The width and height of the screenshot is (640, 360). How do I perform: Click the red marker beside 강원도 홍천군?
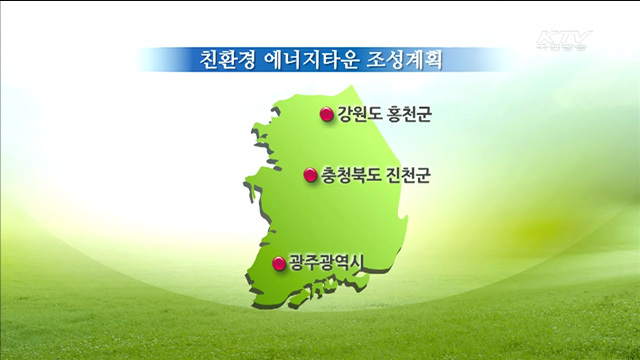click(326, 115)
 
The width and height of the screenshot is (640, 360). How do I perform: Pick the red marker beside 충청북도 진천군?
click(311, 175)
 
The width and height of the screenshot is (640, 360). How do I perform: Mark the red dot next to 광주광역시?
click(279, 264)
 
